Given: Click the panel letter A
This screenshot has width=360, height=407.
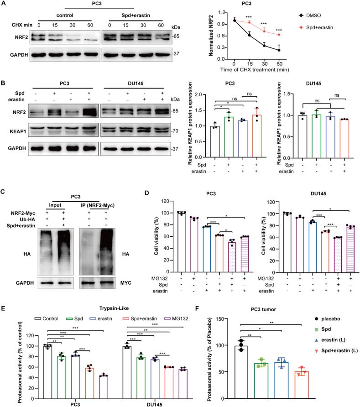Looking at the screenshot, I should pos(4,4).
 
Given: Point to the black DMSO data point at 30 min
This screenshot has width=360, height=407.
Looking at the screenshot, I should pos(264,45).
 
